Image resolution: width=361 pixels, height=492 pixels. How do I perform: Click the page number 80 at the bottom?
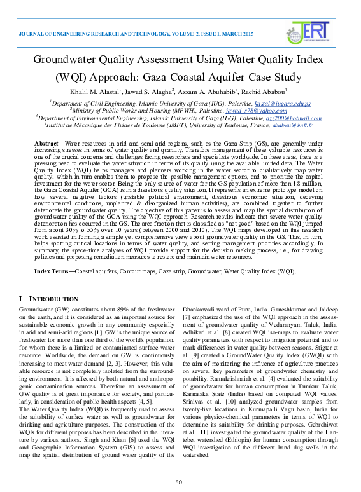180,481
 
